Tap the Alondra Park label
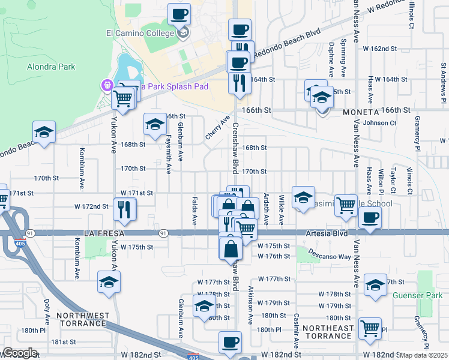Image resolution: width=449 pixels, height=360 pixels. [51, 67]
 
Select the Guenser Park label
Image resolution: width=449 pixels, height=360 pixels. [418, 295]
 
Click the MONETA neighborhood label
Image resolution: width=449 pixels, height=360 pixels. [360, 112]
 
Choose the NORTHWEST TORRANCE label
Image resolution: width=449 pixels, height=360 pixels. [83, 319]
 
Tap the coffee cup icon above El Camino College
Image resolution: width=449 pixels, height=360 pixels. [178, 14]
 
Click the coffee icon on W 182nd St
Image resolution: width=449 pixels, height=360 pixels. [230, 342]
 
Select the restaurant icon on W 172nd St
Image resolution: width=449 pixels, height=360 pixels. [125, 209]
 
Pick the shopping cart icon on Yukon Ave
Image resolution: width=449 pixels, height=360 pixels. [122, 98]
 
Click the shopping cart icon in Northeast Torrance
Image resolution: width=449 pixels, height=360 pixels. [370, 328]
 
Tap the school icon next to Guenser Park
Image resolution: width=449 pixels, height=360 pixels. [375, 285]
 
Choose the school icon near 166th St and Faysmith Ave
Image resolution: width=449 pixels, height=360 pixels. [155, 124]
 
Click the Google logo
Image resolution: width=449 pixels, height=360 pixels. [20, 353]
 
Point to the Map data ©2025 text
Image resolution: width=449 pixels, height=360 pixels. [423, 355]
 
